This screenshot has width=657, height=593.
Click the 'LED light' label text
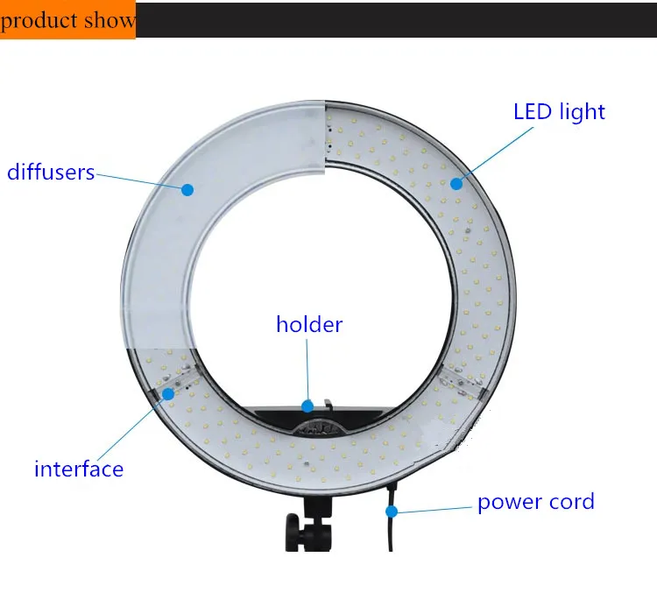(559, 112)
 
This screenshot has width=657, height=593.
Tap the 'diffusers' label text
(51, 172)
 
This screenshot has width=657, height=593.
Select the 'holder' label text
(309, 325)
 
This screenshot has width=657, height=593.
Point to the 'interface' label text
(79, 469)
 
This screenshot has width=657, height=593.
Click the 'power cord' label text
(535, 502)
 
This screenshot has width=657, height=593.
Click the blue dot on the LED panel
(456, 184)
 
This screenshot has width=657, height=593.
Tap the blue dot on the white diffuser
(187, 188)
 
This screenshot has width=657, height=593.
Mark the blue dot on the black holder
(307, 406)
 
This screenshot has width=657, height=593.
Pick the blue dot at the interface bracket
(167, 393)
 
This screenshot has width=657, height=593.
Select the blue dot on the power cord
(392, 511)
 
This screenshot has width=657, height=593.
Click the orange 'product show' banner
(68, 19)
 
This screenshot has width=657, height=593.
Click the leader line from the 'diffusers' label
(140, 180)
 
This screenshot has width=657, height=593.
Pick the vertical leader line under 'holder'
(307, 368)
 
